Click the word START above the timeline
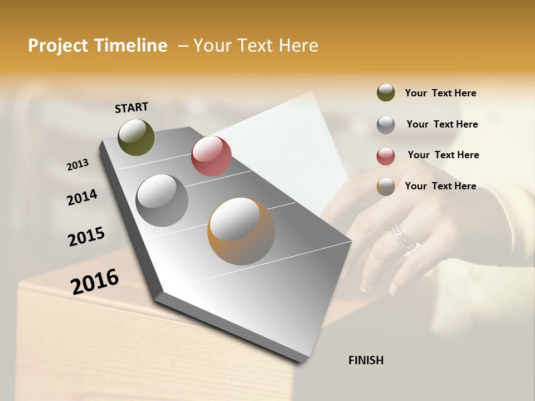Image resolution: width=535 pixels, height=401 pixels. click(132, 107)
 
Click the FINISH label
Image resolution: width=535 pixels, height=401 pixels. click(366, 360)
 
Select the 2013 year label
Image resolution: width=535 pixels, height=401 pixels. click(77, 164)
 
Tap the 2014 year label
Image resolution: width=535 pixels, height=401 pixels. click(82, 197)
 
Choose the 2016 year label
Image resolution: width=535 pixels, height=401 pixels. click(95, 281)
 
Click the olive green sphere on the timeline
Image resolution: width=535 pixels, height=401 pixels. click(136, 137)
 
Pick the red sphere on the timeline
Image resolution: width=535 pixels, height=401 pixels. click(211, 156)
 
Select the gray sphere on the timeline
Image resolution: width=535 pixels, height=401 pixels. click(162, 200)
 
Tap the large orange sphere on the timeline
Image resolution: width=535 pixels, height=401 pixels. click(241, 231)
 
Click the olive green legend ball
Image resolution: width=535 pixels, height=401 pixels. click(386, 92)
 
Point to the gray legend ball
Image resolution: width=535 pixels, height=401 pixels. click(386, 125)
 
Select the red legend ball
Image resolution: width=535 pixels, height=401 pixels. click(386, 155)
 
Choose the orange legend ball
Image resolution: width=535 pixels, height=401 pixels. click(386, 187)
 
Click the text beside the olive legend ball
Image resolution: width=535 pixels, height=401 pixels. click(440, 93)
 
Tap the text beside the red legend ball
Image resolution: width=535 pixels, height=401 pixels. click(443, 155)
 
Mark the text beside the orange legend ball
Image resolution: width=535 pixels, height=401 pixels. click(440, 186)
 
